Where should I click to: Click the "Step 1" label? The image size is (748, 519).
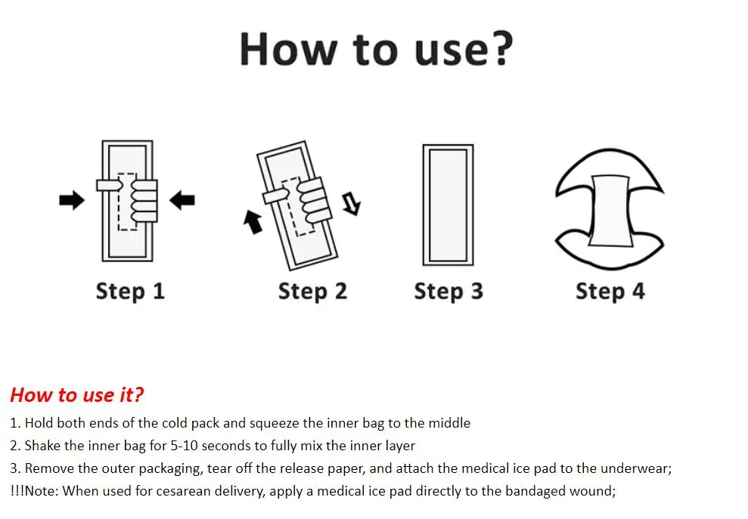[130, 292]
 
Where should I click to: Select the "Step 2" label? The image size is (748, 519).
[312, 292]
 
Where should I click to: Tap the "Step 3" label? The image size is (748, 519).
[448, 292]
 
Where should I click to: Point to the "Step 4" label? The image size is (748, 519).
[610, 292]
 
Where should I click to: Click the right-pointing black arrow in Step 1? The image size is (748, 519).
[72, 200]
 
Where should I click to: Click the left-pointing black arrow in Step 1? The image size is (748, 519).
[182, 200]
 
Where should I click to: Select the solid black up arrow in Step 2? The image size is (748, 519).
[253, 221]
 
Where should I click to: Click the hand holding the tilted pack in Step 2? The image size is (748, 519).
[306, 198]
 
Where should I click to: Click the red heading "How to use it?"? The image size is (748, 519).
[76, 394]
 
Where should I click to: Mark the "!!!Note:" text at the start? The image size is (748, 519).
[33, 491]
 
